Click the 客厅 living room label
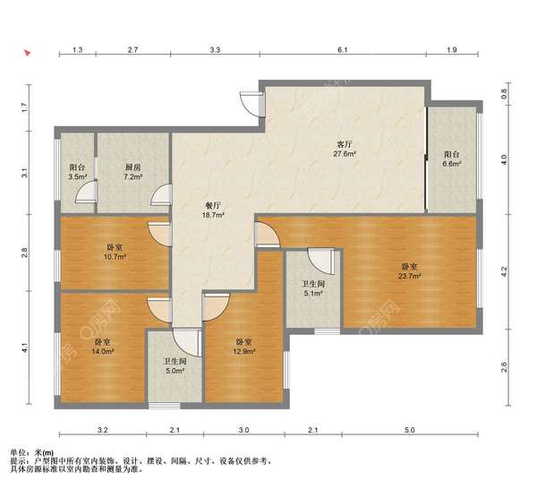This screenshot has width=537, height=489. point(345,144)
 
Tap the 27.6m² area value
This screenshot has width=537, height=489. point(345,154)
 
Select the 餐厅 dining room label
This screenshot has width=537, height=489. point(212,206)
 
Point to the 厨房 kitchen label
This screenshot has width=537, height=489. point(132,167)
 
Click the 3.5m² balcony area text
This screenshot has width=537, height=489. point(77,176)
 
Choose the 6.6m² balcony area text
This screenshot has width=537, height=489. point(452,164)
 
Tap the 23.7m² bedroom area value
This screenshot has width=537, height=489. point(409,276)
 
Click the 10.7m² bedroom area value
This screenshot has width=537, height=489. point(115,256)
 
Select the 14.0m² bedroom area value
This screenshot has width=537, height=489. point(102,351)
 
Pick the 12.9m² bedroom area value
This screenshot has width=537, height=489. point(243,351)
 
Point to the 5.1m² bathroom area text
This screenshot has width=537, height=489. point(313,294)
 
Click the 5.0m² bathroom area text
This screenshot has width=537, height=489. point(175,371)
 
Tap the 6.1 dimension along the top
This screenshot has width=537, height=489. point(343,49)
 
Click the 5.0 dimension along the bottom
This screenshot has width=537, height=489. point(410,430)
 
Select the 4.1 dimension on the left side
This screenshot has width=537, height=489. point(24,347)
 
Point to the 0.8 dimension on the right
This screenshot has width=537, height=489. point(503,92)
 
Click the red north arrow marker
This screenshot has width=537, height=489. point(27,53)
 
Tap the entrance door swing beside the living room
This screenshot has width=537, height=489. point(251,105)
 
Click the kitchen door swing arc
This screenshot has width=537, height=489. point(160,194)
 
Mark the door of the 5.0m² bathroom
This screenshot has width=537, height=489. point(187,341)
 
